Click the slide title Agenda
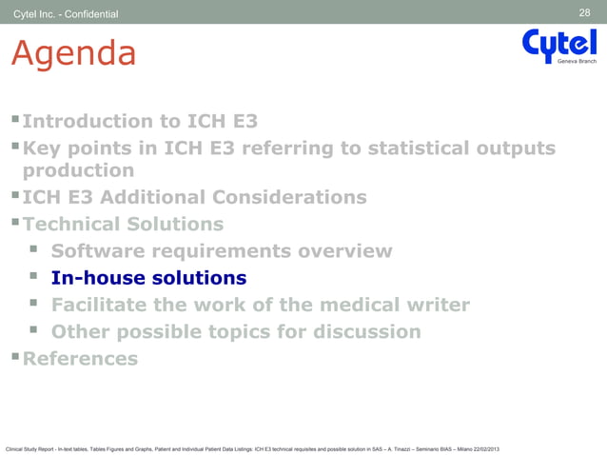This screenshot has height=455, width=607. coord(72,54)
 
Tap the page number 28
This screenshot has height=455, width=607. coord(584,12)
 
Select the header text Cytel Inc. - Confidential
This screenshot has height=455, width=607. coord(66,13)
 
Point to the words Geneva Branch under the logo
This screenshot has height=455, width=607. coord(577,61)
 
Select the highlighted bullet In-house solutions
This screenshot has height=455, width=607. coord(148,279)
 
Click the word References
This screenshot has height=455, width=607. coord(80,359)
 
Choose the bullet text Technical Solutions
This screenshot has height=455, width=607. coord(123,225)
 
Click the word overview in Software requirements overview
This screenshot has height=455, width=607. coord(342,251)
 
